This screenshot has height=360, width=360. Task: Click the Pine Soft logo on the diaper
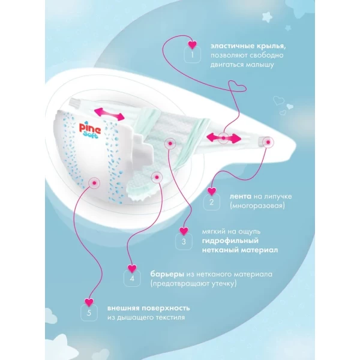pyautogui.click(x=90, y=131)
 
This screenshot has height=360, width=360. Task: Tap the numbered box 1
pyautogui.click(x=193, y=55)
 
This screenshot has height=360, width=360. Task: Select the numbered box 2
pyautogui.click(x=211, y=202)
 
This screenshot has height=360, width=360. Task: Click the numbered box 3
pyautogui.click(x=184, y=242)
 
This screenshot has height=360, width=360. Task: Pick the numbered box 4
pyautogui.click(x=132, y=278)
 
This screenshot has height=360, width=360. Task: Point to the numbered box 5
pyautogui.click(x=89, y=313)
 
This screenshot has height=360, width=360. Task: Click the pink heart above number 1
pyautogui.click(x=193, y=44)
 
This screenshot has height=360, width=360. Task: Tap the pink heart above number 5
pyautogui.click(x=89, y=302)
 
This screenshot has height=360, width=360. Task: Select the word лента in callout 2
pyautogui.click(x=241, y=197)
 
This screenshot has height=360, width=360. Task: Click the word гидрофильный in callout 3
pyautogui.click(x=230, y=241)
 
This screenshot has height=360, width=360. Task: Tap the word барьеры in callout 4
pyautogui.click(x=167, y=274)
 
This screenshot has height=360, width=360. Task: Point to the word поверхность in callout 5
pyautogui.click(x=166, y=308)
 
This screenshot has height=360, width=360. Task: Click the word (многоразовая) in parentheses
pyautogui.click(x=257, y=205)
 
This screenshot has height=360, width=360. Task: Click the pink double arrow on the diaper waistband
pyautogui.click(x=109, y=115)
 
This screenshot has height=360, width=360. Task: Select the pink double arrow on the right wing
pyautogui.click(x=224, y=138)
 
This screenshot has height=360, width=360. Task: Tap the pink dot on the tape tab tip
pyautogui.click(x=268, y=142)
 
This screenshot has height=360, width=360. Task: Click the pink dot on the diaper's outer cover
pyautogui.click(x=94, y=183)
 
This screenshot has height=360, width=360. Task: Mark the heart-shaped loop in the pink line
pyautogui.click(x=238, y=86)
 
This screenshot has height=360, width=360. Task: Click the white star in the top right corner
pyautogui.click(x=267, y=17)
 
